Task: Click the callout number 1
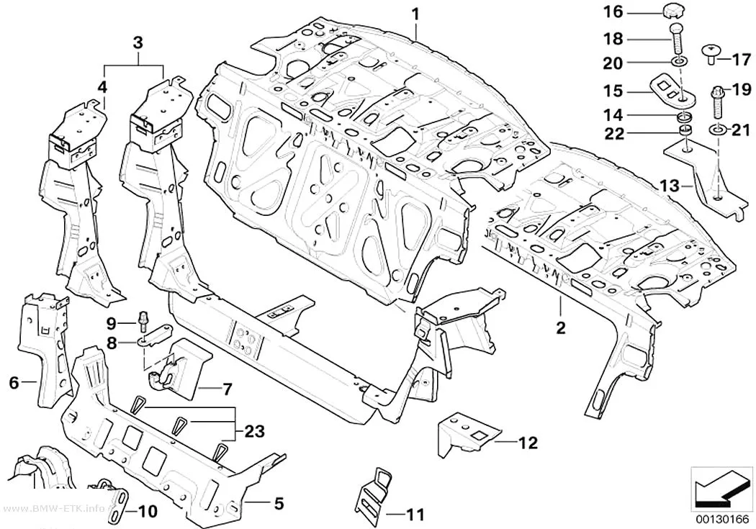[x=415, y=14]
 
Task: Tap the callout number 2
[x=560, y=328]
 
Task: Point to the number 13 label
[x=669, y=186]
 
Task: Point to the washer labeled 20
[x=680, y=62]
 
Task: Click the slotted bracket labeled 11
[x=374, y=492]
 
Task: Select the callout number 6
[x=14, y=383]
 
